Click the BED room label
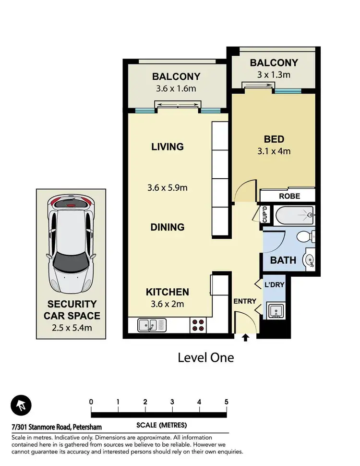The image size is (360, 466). pos(274,139)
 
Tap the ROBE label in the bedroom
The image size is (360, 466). pos(289,196)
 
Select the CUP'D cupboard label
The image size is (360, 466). pos(264,214)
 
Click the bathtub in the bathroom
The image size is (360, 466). pos(294,216)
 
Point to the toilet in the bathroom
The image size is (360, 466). pos(306,237)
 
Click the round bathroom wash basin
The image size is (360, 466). pos(309,260)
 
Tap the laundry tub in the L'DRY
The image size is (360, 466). pos(276,310)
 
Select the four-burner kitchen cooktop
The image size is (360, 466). pos(198,325)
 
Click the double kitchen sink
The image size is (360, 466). pos(152,325)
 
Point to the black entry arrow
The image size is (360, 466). pos(245,338)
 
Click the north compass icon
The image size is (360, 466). pos(21,405)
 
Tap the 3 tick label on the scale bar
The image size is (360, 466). pos(172,402)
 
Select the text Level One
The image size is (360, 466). pos(205,357)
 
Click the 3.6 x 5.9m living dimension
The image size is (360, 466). pos(167,187)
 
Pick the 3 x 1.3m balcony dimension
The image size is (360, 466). pos(274,74)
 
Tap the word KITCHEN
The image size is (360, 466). pos(167,292)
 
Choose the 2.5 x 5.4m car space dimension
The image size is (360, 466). pos(72,328)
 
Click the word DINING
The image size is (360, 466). pos(167,227)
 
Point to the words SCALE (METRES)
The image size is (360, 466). pos(162,425)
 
